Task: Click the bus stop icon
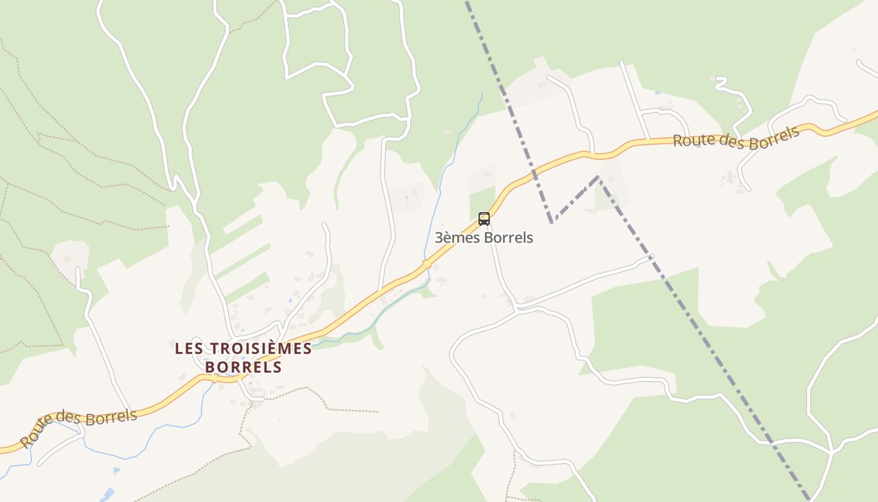[x=484, y=219]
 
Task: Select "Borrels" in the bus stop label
[x=508, y=238]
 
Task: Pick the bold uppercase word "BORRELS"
[x=243, y=367]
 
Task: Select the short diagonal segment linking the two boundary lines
[x=575, y=200]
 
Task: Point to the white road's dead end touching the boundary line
[x=652, y=256]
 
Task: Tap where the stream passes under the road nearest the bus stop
[x=426, y=263]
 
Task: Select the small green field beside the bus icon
[x=482, y=201]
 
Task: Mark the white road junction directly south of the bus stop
[x=516, y=308]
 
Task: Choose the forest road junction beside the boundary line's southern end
[x=831, y=451]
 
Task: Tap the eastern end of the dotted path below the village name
[x=379, y=412]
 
